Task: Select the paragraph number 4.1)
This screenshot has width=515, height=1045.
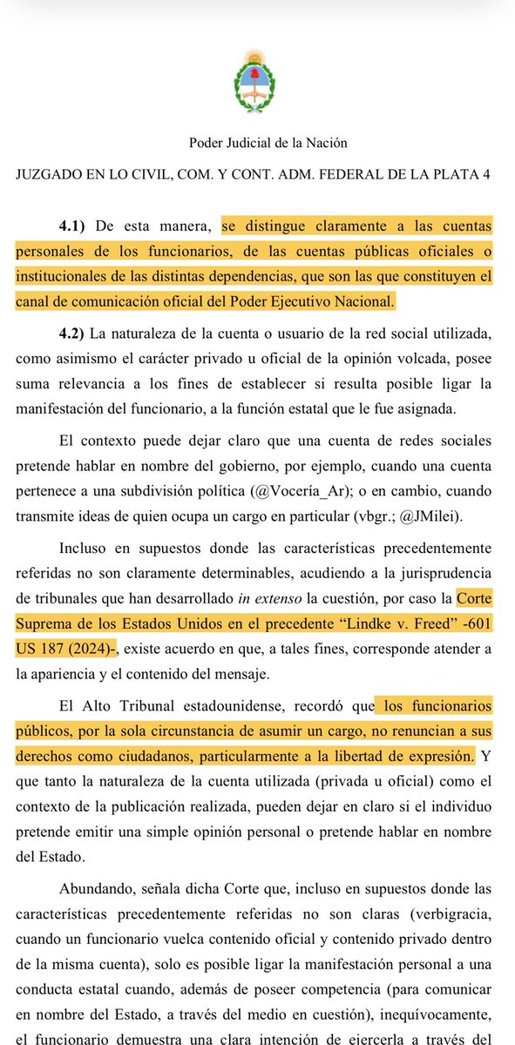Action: (x=76, y=226)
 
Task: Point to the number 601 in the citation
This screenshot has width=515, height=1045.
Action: (x=475, y=624)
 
